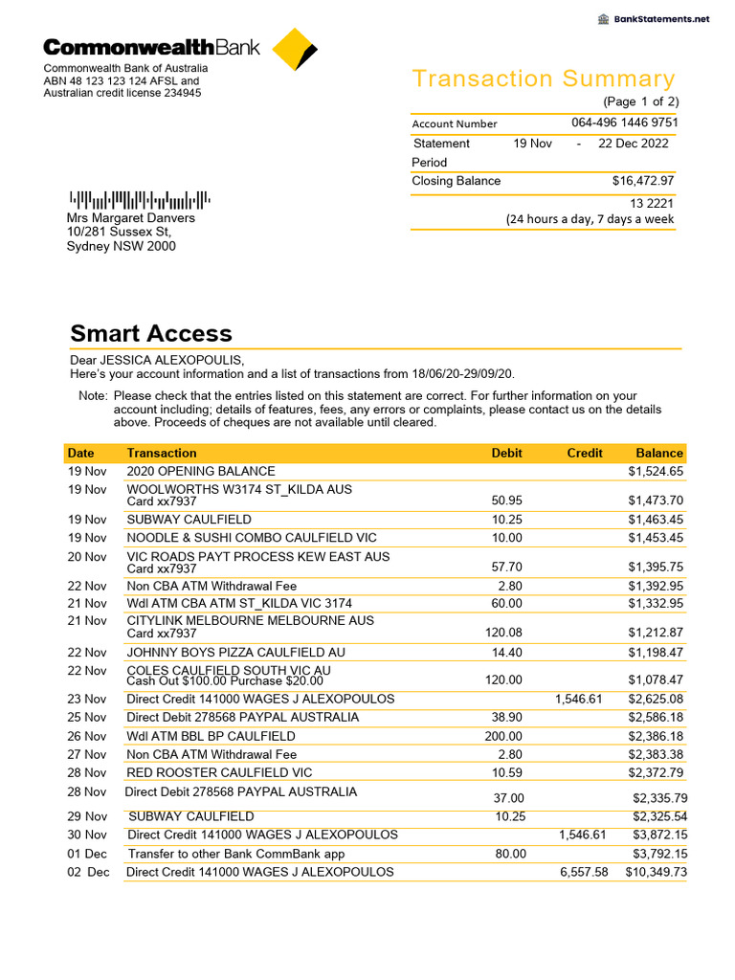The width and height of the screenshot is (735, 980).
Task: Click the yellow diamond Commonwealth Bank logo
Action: (x=295, y=50)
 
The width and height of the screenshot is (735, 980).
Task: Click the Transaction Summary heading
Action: (x=543, y=79)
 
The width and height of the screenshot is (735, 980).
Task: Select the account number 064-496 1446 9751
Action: (x=624, y=122)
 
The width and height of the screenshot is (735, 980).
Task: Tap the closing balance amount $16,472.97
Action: (x=643, y=181)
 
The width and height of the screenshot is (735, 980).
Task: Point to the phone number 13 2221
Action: (x=652, y=203)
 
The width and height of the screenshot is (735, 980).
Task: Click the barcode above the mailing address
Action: (x=139, y=200)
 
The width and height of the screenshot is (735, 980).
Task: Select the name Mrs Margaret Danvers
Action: (x=130, y=218)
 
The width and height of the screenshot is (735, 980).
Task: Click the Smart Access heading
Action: (x=151, y=334)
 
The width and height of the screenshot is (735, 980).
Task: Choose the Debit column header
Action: (x=506, y=453)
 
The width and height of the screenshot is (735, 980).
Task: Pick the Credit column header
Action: (x=584, y=453)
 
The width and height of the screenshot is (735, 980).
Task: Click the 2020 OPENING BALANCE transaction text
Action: (x=201, y=471)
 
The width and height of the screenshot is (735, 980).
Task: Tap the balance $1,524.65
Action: (x=656, y=471)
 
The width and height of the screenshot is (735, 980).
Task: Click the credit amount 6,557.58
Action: (x=581, y=872)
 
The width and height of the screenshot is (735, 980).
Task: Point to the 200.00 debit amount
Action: (x=503, y=736)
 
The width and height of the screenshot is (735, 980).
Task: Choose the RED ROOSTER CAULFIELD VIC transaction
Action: (x=219, y=772)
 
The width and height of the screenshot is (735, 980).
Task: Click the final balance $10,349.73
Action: (x=656, y=872)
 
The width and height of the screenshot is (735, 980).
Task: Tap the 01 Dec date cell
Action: (x=88, y=854)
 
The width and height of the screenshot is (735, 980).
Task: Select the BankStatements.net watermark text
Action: (x=661, y=19)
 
